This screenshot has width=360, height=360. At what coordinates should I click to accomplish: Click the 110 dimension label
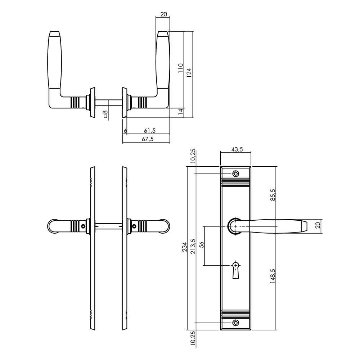pyautogui.click(x=181, y=68)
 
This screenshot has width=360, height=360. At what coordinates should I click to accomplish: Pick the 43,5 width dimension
pyautogui.click(x=236, y=149)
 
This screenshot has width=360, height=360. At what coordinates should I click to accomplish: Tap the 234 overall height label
pyautogui.click(x=185, y=247)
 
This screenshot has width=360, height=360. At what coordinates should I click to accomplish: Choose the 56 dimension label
pyautogui.click(x=202, y=244)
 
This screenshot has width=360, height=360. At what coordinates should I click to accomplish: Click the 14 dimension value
pyautogui.click(x=181, y=112)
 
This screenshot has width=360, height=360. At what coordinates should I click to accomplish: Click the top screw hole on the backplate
pyautogui.click(x=235, y=174)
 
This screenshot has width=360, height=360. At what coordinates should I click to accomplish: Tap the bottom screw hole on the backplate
pyautogui.click(x=235, y=322)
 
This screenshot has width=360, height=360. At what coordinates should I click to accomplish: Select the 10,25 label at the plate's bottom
pyautogui.click(x=193, y=339)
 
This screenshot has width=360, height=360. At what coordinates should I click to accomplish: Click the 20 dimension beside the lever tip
pyautogui.click(x=317, y=225)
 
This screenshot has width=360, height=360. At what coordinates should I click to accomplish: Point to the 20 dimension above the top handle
pyautogui.click(x=163, y=14)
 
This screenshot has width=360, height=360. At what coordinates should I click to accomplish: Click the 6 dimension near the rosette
pyautogui.click(x=125, y=130)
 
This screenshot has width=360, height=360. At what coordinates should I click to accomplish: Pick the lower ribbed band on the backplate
pyautogui.click(x=235, y=313)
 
